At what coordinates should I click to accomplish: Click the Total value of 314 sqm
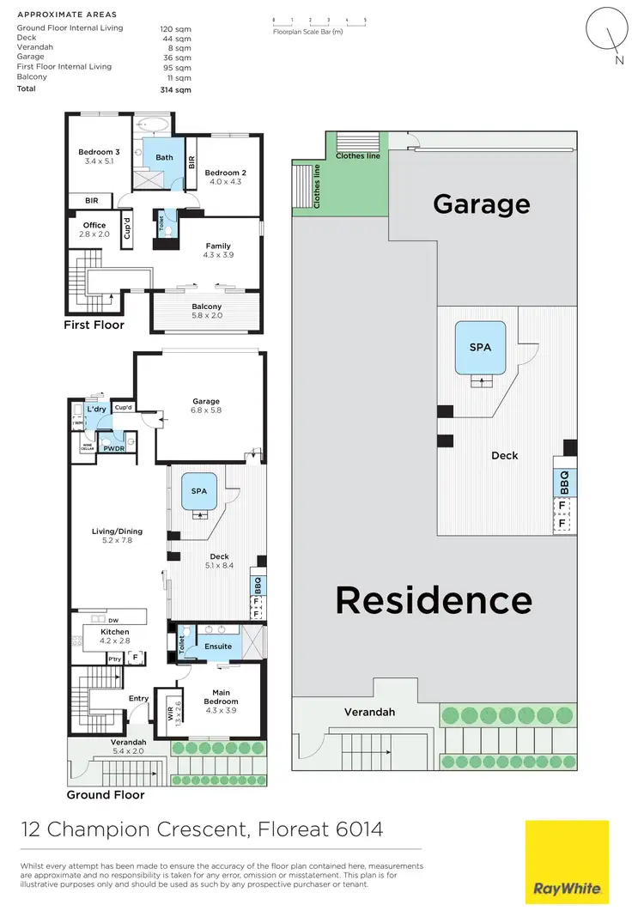(x=177, y=89)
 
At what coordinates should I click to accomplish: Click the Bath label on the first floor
(x=164, y=157)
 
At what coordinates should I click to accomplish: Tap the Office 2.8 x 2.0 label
(x=94, y=229)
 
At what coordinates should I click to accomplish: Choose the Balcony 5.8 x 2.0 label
(x=206, y=311)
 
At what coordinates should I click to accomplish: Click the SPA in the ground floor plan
(x=199, y=491)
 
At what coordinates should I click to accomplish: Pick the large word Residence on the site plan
(x=434, y=599)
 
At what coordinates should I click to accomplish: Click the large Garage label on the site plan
(x=481, y=204)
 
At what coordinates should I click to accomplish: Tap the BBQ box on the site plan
(x=564, y=482)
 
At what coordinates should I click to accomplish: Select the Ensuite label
(x=218, y=646)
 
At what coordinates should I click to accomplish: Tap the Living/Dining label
(x=117, y=536)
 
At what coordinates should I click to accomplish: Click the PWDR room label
(x=113, y=448)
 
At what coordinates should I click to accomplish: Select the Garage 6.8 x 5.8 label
(x=206, y=405)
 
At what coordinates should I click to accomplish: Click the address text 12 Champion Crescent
(x=134, y=829)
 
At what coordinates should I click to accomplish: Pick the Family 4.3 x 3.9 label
(x=218, y=250)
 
